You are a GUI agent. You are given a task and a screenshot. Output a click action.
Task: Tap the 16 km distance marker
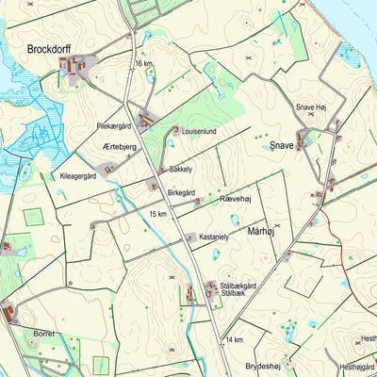point(143,63)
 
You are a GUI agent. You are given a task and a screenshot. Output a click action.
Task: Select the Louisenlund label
point(199,132)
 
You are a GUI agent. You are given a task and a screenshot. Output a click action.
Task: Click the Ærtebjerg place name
point(120,148)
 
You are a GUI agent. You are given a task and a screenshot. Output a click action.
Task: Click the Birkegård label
point(184,191)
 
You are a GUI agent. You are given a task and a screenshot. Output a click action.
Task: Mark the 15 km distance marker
point(157,214)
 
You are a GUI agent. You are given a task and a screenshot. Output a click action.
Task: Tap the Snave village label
point(281,146)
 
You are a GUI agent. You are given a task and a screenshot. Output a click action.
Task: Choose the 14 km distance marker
point(234,339)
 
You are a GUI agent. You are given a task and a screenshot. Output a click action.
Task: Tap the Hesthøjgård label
point(356,367)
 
